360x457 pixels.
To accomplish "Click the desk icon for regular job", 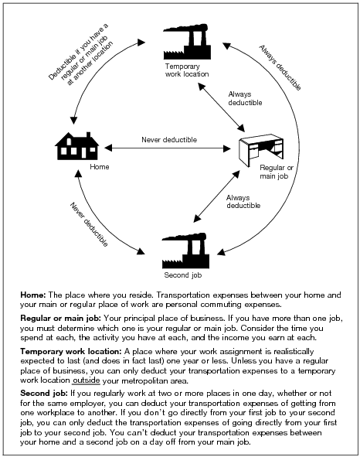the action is (x=261, y=150).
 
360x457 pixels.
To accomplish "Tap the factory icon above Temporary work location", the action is (x=187, y=42).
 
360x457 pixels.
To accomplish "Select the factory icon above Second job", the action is (x=186, y=251).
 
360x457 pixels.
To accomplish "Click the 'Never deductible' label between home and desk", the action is (x=169, y=140).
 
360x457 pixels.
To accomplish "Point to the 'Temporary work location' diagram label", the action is (x=187, y=70).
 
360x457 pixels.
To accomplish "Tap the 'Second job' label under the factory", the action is (x=182, y=275).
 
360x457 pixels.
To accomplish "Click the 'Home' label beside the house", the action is (x=100, y=167).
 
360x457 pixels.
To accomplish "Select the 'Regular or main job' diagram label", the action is (x=277, y=172).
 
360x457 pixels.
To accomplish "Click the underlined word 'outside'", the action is (x=87, y=380).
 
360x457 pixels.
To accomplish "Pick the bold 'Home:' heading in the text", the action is (x=33, y=295).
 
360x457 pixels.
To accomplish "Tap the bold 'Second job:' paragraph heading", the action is (x=44, y=393).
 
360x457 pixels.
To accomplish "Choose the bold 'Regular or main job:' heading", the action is (x=60, y=318).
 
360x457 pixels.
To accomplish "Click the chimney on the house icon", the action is (x=89, y=136).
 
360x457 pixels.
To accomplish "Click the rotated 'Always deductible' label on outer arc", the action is (x=280, y=67).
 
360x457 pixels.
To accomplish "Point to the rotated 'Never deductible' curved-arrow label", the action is (x=89, y=224).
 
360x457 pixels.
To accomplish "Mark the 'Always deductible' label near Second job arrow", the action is (x=243, y=201).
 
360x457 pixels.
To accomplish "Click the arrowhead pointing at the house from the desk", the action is (x=107, y=148).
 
